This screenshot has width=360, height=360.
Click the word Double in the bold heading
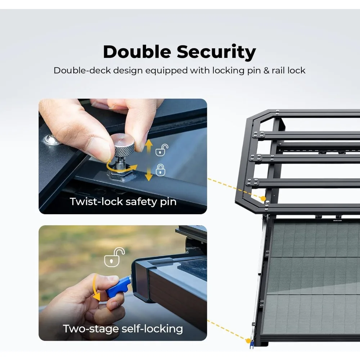click(x=137, y=52)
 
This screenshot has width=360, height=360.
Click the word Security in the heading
click(x=216, y=53)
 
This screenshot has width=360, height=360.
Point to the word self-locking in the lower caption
click(x=152, y=329)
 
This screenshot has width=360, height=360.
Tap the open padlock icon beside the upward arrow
click(x=162, y=150)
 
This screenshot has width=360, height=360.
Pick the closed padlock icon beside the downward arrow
click(x=161, y=170)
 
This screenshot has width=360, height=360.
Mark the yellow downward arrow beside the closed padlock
click(x=149, y=174)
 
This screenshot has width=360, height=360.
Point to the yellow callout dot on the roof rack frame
click(x=263, y=199)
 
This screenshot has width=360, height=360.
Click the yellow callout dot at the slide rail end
click(x=248, y=341)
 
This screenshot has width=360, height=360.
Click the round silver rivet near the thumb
click(x=51, y=140)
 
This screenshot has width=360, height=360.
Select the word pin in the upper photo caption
click(x=168, y=202)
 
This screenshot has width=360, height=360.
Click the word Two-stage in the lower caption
click(x=91, y=329)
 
